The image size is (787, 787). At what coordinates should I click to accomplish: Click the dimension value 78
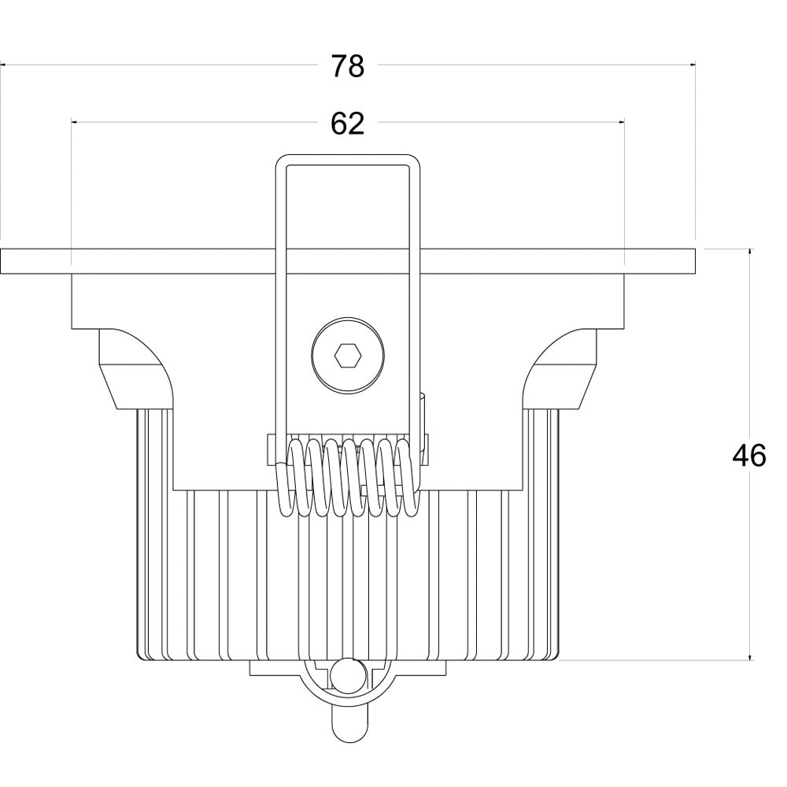click(347, 67)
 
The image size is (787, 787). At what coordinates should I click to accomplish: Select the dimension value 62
click(347, 124)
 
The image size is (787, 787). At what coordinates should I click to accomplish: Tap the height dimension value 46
click(748, 456)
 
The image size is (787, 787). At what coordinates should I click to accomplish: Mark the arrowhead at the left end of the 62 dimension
click(76, 122)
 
